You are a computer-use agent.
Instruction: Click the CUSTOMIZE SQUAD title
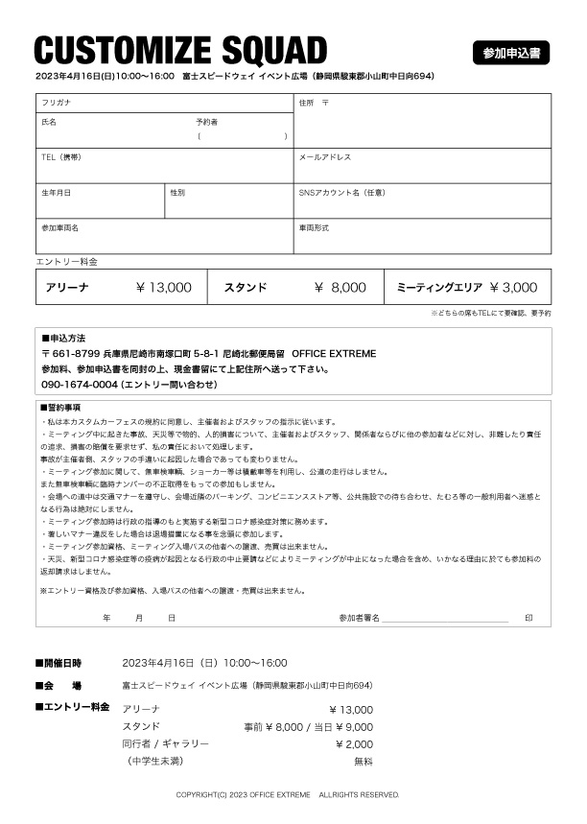tap(180, 49)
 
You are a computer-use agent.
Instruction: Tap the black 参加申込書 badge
tap(511, 53)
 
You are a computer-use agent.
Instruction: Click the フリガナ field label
tap(55, 102)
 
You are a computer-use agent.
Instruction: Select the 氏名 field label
tap(49, 123)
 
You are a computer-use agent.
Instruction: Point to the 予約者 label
tap(206, 123)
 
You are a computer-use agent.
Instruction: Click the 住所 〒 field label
tap(314, 102)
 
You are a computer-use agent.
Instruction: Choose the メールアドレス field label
tap(325, 156)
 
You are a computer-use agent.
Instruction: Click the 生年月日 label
tap(56, 192)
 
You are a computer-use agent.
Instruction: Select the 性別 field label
tap(177, 192)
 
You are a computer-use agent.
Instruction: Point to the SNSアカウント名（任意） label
tap(341, 192)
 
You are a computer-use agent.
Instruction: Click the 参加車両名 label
tap(59, 228)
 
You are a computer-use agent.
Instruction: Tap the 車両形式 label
tap(314, 228)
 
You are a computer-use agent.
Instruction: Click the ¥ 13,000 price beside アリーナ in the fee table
tap(164, 287)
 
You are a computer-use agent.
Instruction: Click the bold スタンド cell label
tap(246, 287)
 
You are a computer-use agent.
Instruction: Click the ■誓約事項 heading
tap(60, 408)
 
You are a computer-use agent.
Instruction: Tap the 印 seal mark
tap(528, 618)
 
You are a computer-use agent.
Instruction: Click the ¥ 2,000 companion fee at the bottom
tap(354, 743)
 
